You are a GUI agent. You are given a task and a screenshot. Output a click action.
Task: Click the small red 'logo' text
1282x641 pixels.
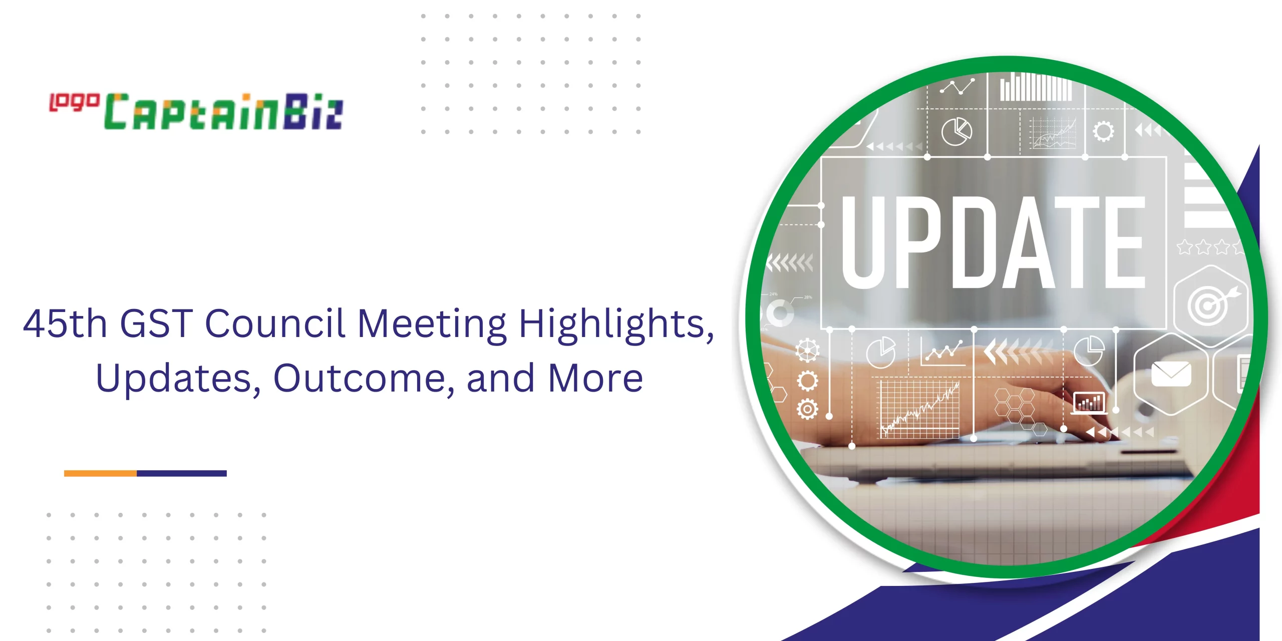[x=74, y=102]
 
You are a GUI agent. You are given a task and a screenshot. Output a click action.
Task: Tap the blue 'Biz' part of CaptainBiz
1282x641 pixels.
[x=313, y=112]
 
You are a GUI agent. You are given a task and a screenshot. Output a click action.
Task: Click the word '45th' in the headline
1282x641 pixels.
[x=65, y=324]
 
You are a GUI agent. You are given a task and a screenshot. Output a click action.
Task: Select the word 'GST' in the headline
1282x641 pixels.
[x=157, y=324]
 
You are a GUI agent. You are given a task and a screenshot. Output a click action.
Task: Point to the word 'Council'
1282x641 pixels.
[x=275, y=324]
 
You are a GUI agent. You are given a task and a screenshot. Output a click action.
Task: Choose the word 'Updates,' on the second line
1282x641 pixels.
[x=178, y=379]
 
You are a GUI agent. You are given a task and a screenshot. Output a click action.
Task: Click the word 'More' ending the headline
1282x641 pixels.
[x=595, y=378]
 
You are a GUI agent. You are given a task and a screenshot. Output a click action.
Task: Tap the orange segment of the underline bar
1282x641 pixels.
[x=100, y=473]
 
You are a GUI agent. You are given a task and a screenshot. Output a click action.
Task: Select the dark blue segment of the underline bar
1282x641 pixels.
[x=182, y=473]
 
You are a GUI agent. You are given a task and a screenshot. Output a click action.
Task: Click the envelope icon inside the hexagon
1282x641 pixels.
[x=1171, y=374]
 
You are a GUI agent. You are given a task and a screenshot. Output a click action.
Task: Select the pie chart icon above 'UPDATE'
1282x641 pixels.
[x=956, y=132]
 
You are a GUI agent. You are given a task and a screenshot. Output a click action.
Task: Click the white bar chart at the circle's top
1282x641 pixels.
[x=1036, y=87]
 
